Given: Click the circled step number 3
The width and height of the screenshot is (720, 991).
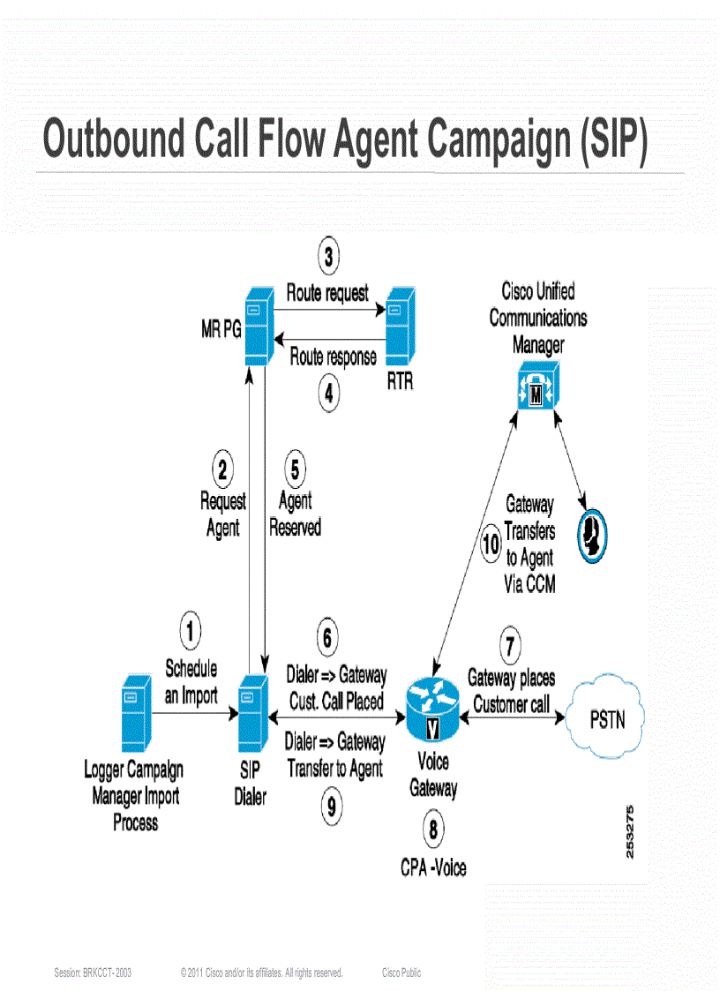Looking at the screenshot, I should coord(328,257).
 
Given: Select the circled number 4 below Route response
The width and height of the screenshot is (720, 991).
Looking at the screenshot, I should coord(328,394).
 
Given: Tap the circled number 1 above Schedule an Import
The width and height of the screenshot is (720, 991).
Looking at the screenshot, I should coord(191,630).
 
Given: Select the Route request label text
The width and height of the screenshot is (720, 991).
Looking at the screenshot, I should coord(327,293).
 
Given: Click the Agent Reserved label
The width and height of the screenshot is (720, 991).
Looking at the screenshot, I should coord(295,514).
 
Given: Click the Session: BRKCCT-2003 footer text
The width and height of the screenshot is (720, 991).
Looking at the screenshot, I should coord(93,972).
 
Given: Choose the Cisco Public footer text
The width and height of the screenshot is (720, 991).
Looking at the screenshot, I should coord(401,972).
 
